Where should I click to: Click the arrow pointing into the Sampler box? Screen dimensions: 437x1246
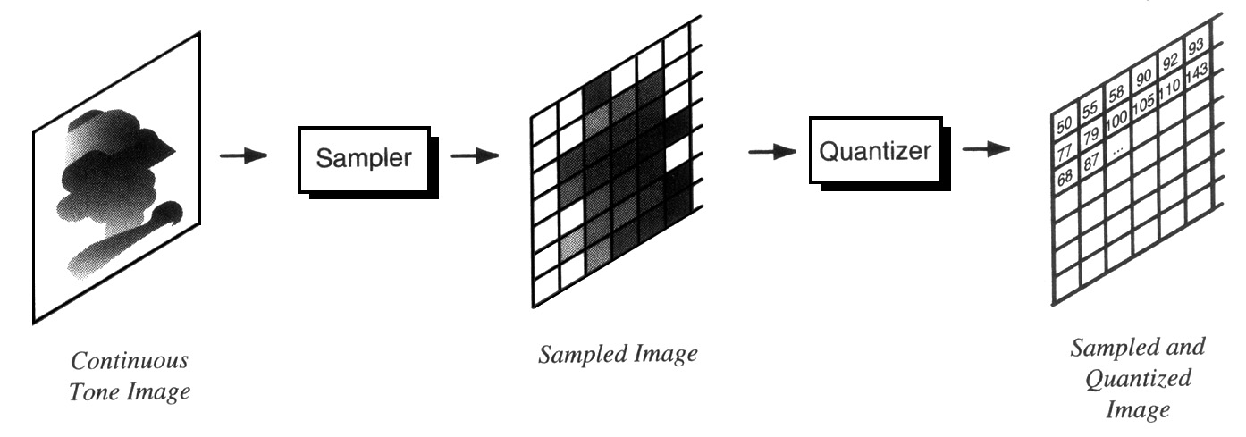click(x=243, y=155)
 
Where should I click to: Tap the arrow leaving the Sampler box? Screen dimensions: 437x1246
click(x=475, y=155)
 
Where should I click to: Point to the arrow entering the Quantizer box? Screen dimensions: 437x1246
click(x=771, y=152)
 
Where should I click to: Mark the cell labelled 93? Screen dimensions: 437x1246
click(x=1196, y=46)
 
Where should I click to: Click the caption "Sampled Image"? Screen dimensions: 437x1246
click(x=617, y=354)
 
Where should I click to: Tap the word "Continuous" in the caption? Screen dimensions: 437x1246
click(x=130, y=362)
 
